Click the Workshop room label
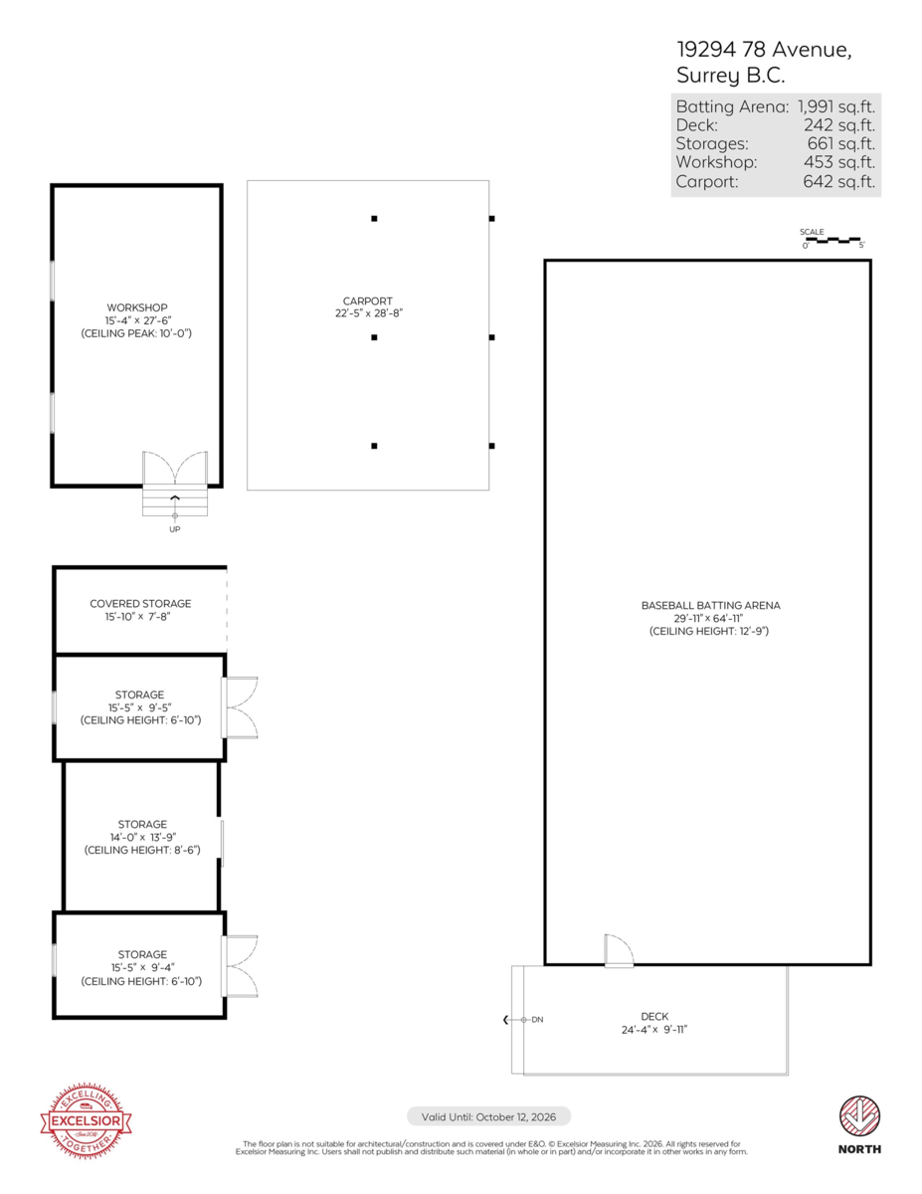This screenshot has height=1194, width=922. (x=136, y=307)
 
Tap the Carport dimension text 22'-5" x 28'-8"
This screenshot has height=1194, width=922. (x=368, y=313)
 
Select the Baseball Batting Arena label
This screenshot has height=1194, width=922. (x=710, y=606)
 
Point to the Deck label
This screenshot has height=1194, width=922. (x=654, y=1017)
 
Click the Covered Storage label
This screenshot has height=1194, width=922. (x=140, y=603)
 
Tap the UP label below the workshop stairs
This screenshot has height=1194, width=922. (x=175, y=529)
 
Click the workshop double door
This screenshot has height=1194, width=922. (x=175, y=469)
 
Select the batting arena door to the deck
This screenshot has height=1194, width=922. (x=619, y=950)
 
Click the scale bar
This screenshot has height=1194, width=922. (x=832, y=240)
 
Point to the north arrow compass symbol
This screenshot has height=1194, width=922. (x=859, y=1116)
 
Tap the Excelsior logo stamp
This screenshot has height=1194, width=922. (x=86, y=1121)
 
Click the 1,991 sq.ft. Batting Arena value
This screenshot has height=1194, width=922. (x=836, y=106)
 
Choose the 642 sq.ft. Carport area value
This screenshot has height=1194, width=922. (x=839, y=181)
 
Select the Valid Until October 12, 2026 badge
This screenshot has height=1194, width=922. (x=488, y=1117)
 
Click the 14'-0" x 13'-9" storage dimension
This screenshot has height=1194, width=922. (x=143, y=838)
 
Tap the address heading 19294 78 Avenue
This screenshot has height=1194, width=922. (x=764, y=50)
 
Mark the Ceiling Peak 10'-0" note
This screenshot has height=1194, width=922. (x=136, y=333)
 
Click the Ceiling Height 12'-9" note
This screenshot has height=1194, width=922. (x=709, y=632)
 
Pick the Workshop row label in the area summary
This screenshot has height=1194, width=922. (x=716, y=162)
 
